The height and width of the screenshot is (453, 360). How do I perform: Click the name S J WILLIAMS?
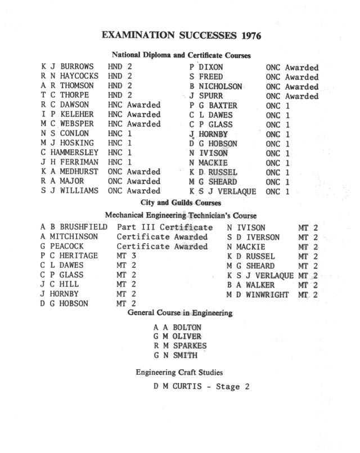tap(69, 191)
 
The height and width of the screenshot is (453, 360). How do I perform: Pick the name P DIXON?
tap(206, 67)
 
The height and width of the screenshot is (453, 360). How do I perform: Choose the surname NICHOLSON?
tap(220, 86)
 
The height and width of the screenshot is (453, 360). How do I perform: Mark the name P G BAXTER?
tap(213, 105)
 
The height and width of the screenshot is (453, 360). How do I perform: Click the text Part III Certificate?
tap(164, 227)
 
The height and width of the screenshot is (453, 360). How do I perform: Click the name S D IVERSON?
tap(253, 237)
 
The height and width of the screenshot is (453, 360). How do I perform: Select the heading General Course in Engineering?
tap(180, 312)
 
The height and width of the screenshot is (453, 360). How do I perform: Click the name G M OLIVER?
tap(177, 336)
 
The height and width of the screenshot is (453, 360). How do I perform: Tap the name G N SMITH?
tap(175, 355)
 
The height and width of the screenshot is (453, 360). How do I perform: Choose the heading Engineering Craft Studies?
tap(179, 373)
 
